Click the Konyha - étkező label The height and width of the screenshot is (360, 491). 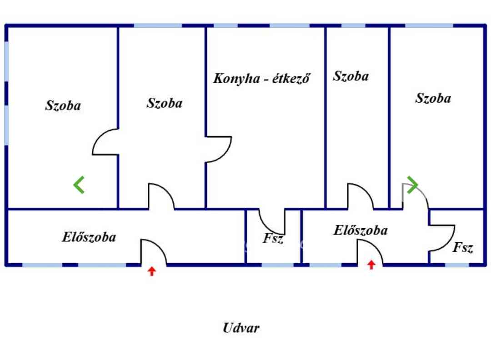click(x=262, y=78)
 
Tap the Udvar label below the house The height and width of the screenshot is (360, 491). click(x=241, y=327)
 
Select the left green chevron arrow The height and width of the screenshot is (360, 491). click(x=79, y=185)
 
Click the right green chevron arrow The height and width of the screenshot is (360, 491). click(x=412, y=185)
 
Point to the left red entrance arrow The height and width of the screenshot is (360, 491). click(x=152, y=271)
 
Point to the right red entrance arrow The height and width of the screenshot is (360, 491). click(x=371, y=265)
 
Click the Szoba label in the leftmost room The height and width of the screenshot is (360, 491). click(x=63, y=105)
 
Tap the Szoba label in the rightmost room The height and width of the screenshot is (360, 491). click(x=433, y=98)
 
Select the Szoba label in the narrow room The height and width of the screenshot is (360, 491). click(x=351, y=76)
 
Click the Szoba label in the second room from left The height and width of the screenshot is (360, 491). click(x=164, y=103)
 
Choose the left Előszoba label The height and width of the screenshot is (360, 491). click(x=89, y=237)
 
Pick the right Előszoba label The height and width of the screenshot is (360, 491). click(x=361, y=230)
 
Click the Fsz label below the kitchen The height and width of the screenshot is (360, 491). click(x=273, y=238)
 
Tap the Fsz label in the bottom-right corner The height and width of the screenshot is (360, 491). click(x=463, y=247)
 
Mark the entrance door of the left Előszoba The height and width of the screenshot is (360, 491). click(x=153, y=252)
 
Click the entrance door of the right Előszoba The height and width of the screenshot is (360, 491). click(x=370, y=252)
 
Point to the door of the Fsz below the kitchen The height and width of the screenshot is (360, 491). click(x=272, y=221)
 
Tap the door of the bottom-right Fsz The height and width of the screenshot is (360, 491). click(x=441, y=238)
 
